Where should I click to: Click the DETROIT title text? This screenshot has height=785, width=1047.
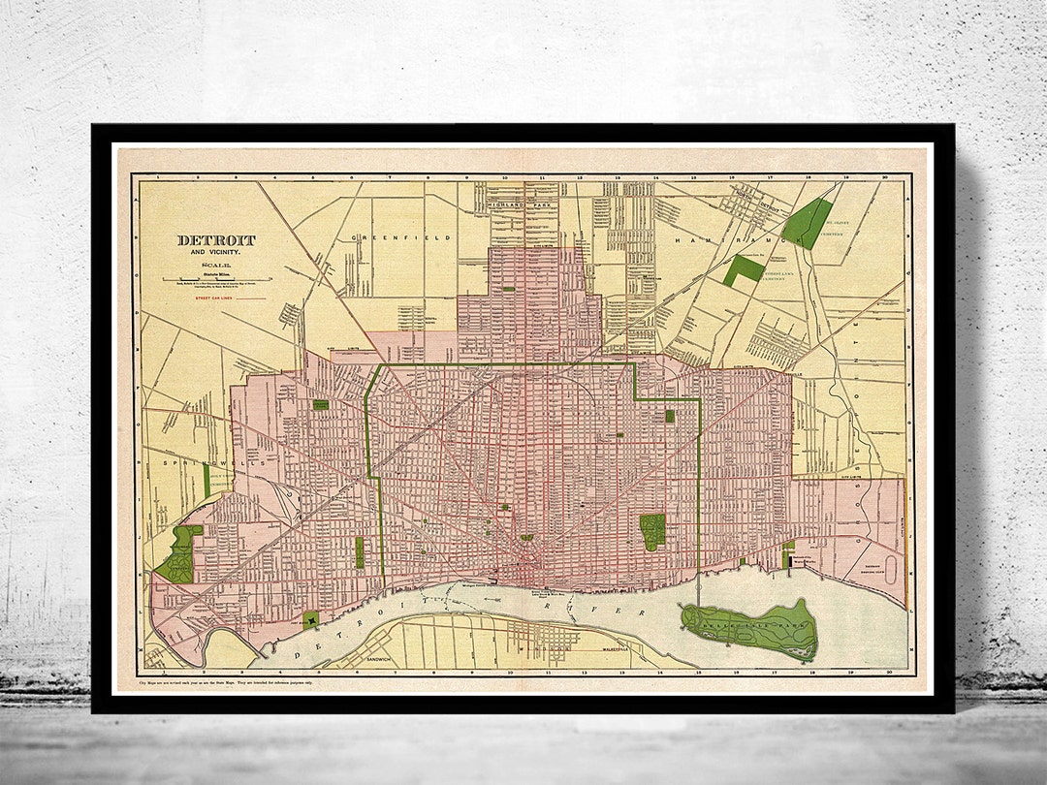pos(216,240)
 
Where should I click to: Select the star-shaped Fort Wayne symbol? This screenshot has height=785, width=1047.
pos(312,621)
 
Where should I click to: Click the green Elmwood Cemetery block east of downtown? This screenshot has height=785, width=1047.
pos(651,531)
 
